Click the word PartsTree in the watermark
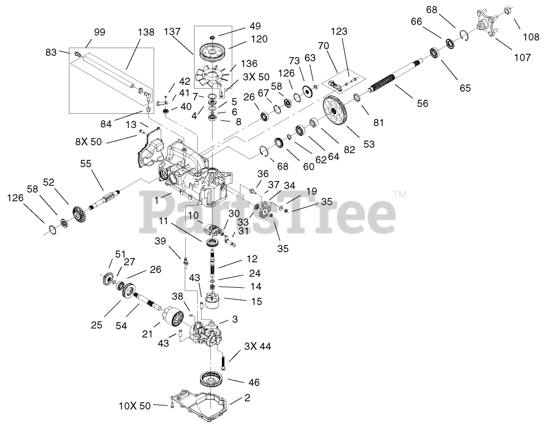(x=268, y=211)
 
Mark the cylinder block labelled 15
(x=216, y=301)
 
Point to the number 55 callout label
(x=86, y=163)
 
